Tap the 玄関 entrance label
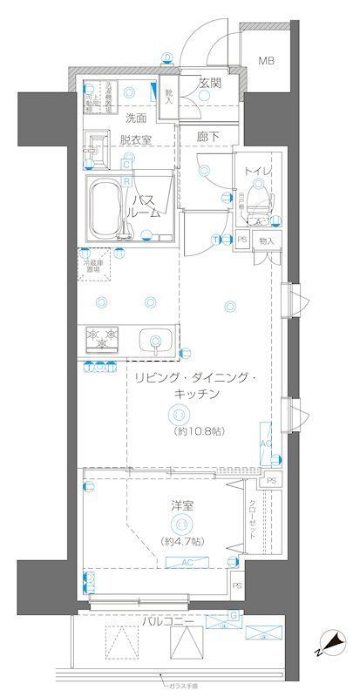[x=209, y=84]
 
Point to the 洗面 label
[x=134, y=118]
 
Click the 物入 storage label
[x=268, y=240]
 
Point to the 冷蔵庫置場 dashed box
[x=98, y=267]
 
